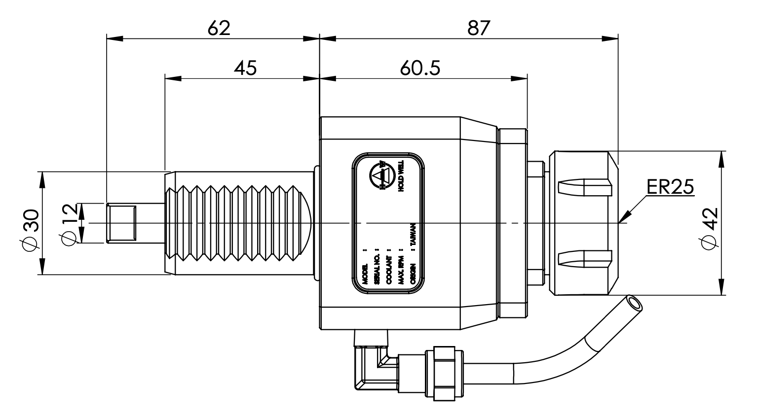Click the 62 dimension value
coord(219,28)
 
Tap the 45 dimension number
coord(245,68)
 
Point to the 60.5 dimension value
coord(419,68)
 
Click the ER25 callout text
coord(670,187)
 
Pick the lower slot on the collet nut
coord(585,258)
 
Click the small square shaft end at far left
coord(122,223)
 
